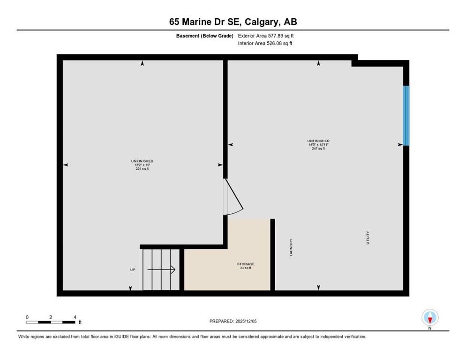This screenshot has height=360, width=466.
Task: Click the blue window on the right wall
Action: pos(406,115)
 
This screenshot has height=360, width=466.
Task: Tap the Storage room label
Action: pos(245,264)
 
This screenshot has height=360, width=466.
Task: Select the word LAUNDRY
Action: pos(291,247)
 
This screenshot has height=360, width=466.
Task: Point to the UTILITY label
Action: pos(368,237)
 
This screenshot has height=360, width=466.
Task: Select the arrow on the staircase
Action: pos(161,270)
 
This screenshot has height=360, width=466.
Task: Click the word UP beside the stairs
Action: pos(133,270)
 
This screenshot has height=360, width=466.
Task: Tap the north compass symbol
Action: pos(429,318)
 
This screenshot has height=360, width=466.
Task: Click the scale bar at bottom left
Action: pos(51,322)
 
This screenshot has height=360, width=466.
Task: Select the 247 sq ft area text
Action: pos(318,149)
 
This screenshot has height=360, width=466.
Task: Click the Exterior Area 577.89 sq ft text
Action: pos(266,36)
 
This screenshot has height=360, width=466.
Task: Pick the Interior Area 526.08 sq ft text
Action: pos(265,44)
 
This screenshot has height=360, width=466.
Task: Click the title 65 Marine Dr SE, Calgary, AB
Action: pos(233,22)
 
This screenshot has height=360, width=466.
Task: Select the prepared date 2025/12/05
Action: pos(233,321)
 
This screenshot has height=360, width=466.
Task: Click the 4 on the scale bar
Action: pos(75,317)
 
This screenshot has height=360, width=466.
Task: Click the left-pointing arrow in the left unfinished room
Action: pos(66,165)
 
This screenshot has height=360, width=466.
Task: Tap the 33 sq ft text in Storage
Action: pos(245,268)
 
